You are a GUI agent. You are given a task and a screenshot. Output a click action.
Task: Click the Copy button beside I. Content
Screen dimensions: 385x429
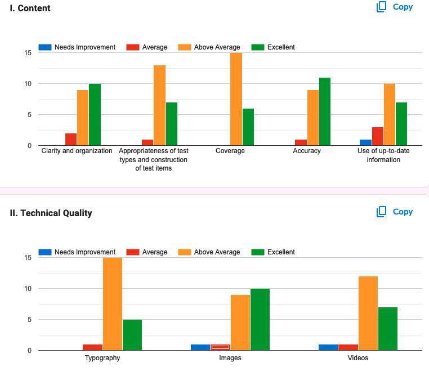(395, 7)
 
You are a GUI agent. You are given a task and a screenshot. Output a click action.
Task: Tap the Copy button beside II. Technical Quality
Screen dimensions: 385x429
(395, 212)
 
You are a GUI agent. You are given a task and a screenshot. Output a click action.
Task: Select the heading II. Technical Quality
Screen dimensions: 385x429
(51, 213)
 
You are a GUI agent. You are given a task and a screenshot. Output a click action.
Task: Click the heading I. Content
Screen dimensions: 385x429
(30, 8)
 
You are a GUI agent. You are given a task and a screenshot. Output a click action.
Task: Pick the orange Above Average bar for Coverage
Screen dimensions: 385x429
(236, 99)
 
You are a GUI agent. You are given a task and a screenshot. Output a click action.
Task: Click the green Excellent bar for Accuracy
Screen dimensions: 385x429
(325, 111)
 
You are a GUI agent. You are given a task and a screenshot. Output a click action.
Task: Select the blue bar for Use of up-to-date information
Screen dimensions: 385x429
(365, 142)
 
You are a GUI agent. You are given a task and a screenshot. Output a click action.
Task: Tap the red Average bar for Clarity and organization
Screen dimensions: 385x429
(70, 139)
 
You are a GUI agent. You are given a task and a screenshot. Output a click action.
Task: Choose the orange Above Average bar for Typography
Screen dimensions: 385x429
(112, 304)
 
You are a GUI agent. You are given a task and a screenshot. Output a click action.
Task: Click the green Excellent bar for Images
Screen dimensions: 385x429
(260, 319)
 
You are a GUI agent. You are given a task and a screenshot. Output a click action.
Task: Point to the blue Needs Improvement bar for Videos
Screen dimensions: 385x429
(328, 347)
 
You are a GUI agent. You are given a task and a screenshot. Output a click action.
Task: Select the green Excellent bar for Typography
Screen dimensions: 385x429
(132, 335)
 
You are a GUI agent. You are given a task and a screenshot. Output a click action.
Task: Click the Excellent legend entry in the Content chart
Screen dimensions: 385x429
(273, 47)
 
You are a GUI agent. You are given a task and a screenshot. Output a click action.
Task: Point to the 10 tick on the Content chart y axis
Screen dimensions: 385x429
(28, 84)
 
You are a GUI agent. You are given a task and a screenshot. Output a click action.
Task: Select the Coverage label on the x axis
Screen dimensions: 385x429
(230, 151)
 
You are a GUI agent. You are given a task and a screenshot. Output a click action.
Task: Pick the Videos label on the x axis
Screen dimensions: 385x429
(358, 358)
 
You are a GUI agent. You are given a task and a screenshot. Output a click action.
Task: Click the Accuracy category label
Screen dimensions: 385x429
(307, 151)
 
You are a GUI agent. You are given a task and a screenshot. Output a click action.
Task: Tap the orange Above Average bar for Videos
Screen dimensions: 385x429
(368, 313)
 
